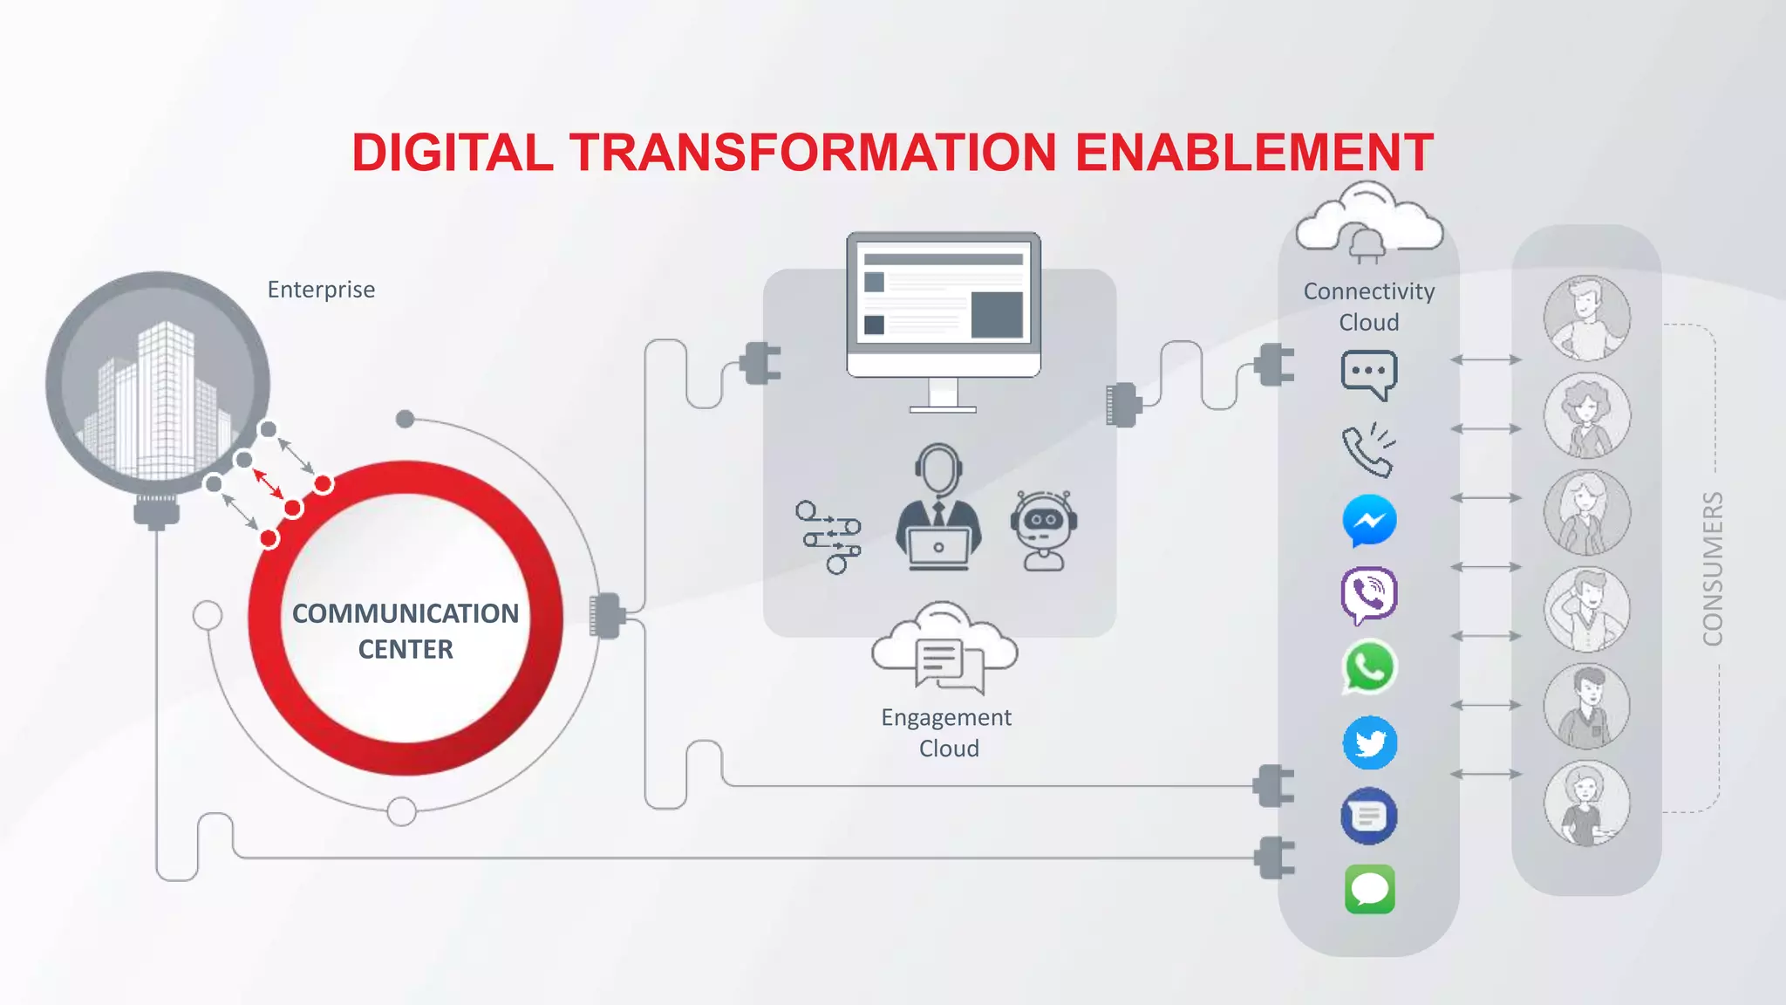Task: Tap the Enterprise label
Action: (x=321, y=290)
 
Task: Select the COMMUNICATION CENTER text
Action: (x=406, y=631)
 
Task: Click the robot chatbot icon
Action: (x=1043, y=530)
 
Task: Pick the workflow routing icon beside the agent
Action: (x=828, y=537)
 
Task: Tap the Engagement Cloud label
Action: (x=947, y=732)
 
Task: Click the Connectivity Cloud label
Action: (x=1368, y=306)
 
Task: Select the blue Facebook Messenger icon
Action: (x=1369, y=521)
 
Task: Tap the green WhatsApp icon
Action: (x=1369, y=668)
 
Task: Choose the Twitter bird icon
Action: (x=1369, y=743)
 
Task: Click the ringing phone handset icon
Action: (x=1368, y=450)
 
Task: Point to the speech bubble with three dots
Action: (x=1368, y=373)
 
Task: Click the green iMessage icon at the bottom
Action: (x=1369, y=890)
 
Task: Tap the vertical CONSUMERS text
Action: (x=1712, y=569)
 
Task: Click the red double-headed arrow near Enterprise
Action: (x=268, y=484)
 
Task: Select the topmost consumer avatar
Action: (x=1586, y=318)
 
